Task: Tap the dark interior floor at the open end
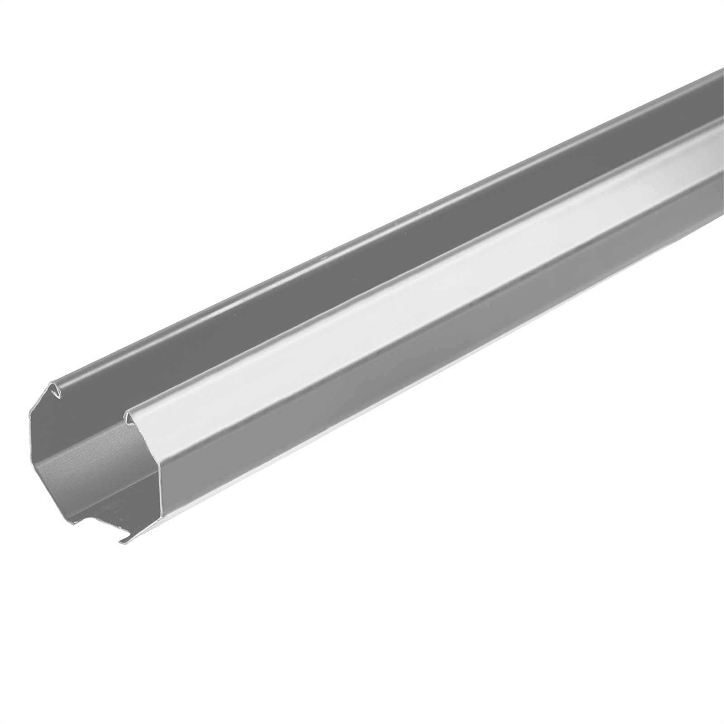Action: (x=104, y=502)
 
